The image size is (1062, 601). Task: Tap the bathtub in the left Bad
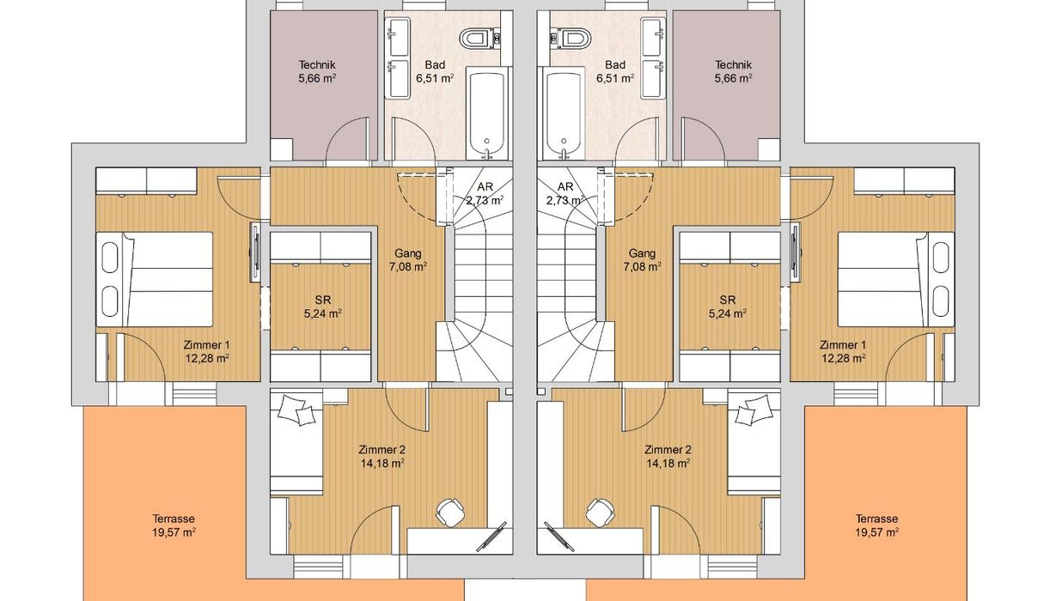point(487,112)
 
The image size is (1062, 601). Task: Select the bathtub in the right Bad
point(564,112)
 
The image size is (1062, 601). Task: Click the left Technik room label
point(317,64)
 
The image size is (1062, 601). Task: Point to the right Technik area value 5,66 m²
point(733,78)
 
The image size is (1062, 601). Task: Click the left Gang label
point(408,253)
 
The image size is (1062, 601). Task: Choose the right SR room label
point(727,300)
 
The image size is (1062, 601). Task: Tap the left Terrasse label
point(174,519)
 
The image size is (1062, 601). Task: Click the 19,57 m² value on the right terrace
point(876,532)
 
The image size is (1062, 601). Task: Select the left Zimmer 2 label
point(381,449)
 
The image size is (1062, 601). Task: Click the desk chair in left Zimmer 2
point(450,513)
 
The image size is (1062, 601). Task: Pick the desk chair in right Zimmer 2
point(601,513)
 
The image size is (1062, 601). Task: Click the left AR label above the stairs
point(485,186)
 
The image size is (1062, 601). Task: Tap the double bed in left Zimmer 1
point(155,279)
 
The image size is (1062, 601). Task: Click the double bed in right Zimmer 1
point(896,279)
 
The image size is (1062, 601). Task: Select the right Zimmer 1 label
point(843,345)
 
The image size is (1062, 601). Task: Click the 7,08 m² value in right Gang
point(643,267)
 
